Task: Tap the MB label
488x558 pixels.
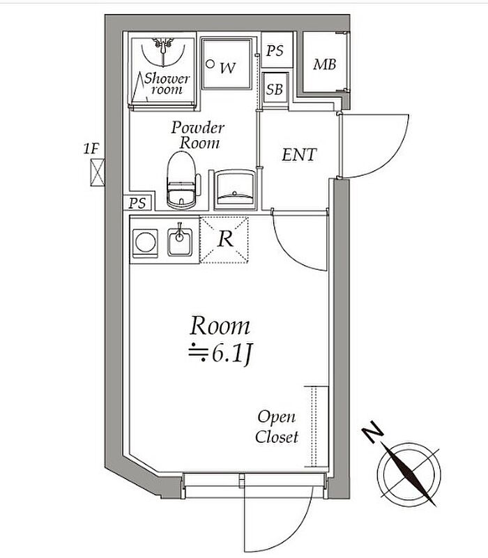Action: click(324, 65)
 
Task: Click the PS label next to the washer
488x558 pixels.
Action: click(275, 51)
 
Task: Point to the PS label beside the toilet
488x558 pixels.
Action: click(138, 203)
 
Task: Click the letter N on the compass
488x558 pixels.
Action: click(375, 435)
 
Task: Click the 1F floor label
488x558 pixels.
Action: click(91, 148)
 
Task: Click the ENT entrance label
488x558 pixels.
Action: click(299, 154)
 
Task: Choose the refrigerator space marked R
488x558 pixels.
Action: click(224, 239)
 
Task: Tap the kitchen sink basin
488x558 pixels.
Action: click(180, 242)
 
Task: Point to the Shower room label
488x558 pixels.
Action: click(165, 83)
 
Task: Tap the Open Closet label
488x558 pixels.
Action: click(277, 427)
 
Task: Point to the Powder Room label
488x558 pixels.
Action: click(199, 135)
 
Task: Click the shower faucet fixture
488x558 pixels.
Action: click(164, 45)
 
